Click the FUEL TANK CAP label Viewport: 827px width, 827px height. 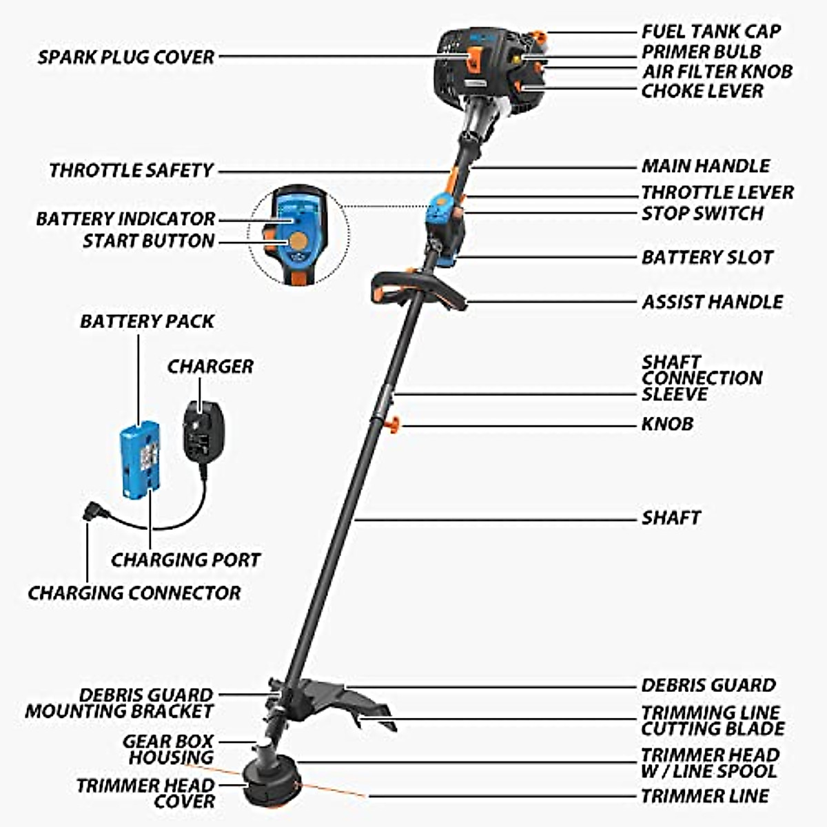(x=711, y=32)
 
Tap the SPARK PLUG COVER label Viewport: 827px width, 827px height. (x=126, y=57)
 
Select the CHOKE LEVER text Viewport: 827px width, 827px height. (x=702, y=91)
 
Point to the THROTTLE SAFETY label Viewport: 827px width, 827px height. (x=131, y=170)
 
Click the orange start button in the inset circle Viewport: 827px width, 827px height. (x=298, y=242)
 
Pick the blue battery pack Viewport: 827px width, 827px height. (x=139, y=460)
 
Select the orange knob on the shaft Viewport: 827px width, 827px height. (x=393, y=425)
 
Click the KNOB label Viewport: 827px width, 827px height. (x=667, y=424)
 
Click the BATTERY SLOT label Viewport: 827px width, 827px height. (x=707, y=258)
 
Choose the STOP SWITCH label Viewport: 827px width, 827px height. (x=702, y=214)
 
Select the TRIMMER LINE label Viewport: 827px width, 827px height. (x=704, y=797)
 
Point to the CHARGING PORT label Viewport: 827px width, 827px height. (x=185, y=560)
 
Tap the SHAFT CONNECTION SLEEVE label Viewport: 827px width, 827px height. (x=702, y=378)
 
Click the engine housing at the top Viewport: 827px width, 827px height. (x=482, y=65)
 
